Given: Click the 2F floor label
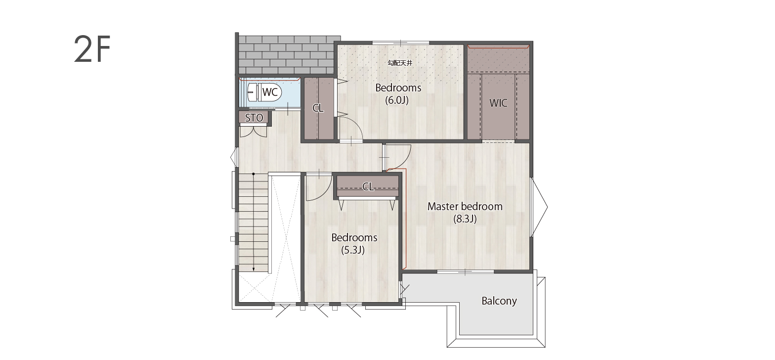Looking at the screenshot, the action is pyautogui.click(x=92, y=49).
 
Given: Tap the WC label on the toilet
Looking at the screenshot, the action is pyautogui.click(x=270, y=92).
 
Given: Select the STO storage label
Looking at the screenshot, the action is pyautogui.click(x=254, y=118).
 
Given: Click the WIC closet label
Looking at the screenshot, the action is pyautogui.click(x=498, y=103).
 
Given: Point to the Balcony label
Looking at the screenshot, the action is pyautogui.click(x=499, y=301).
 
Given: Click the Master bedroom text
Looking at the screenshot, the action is pyautogui.click(x=465, y=206).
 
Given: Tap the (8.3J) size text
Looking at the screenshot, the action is pyautogui.click(x=465, y=219).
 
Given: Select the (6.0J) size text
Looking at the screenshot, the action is pyautogui.click(x=397, y=100).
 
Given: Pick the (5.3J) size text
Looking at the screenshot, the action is pyautogui.click(x=353, y=250).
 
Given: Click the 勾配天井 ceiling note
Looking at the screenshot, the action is pyautogui.click(x=400, y=63).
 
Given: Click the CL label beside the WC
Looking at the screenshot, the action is pyautogui.click(x=318, y=108).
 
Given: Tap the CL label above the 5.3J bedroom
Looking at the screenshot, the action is pyautogui.click(x=368, y=187).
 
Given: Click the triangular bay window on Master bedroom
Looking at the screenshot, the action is pyautogui.click(x=540, y=207).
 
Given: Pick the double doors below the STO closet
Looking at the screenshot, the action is pyautogui.click(x=253, y=132).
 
